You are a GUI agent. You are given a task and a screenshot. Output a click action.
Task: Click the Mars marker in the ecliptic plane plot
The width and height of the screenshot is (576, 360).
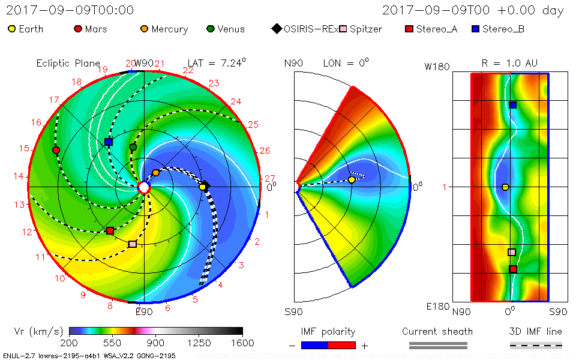[56, 150]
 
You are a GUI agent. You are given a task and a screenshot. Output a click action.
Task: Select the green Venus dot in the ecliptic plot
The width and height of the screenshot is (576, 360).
[133, 147]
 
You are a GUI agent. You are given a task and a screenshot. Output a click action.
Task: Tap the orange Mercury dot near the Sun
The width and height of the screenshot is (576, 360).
[156, 173]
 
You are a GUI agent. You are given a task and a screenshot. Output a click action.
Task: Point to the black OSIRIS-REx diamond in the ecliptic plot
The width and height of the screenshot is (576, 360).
[205, 184]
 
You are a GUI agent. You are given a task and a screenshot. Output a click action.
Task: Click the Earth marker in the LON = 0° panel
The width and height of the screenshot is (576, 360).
[352, 179]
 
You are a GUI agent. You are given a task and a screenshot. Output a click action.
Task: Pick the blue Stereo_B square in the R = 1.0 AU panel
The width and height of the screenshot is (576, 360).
[513, 105]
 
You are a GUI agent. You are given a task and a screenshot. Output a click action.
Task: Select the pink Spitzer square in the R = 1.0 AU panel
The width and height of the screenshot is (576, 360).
[512, 253]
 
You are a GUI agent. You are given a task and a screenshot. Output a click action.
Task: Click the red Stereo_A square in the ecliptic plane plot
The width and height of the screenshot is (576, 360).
[110, 231]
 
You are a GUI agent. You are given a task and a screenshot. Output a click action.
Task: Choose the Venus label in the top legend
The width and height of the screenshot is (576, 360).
[231, 29]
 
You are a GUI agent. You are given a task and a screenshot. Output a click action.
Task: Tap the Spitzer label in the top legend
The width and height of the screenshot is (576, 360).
[366, 29]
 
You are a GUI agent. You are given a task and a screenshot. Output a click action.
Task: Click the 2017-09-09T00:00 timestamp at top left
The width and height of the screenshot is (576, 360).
[70, 10]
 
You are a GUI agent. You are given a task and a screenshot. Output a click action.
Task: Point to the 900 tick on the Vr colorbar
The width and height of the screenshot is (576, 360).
[156, 343]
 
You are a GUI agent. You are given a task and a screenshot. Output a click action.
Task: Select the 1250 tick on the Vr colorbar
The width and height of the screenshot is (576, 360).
[199, 343]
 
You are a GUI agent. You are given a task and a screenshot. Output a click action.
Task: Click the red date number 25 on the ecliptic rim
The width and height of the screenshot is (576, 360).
[253, 125]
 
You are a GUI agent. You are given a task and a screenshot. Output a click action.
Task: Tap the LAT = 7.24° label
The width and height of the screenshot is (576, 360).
[217, 62]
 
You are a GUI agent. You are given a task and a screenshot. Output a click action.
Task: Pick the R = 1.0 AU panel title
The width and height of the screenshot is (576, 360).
[509, 63]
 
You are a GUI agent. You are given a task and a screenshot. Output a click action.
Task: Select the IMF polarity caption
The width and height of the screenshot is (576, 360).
[328, 331]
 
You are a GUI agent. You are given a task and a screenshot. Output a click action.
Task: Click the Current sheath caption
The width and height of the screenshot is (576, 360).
[437, 331]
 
